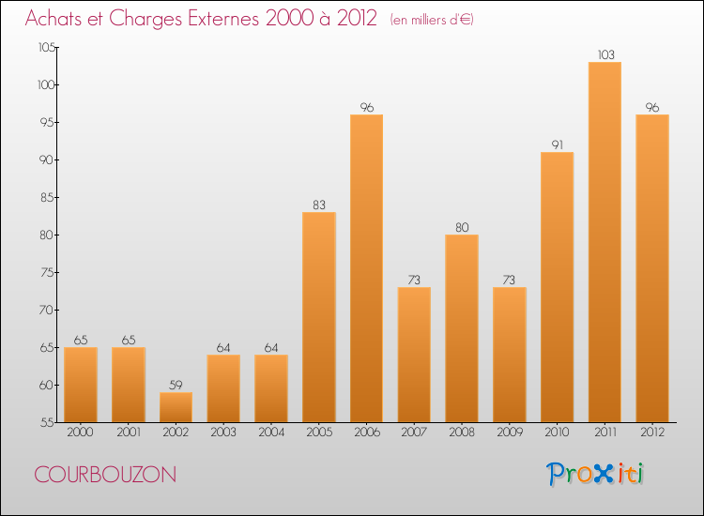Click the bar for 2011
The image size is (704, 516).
(605, 242)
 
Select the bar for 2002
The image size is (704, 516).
(176, 407)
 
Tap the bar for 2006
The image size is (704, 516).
(366, 268)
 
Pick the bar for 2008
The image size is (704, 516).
(462, 328)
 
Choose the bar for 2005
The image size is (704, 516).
(319, 317)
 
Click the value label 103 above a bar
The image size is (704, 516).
(605, 54)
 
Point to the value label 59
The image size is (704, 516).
(176, 385)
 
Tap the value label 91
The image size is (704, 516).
(557, 144)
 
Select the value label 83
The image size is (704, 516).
(319, 205)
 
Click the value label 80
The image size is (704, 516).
(462, 227)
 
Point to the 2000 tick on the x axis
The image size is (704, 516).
(81, 433)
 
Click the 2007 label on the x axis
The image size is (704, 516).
(414, 433)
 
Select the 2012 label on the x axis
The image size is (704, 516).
(652, 433)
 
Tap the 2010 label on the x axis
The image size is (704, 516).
(557, 433)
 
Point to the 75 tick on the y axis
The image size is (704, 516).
(46, 272)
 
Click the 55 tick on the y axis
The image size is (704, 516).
(46, 422)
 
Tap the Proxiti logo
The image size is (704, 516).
(595, 474)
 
